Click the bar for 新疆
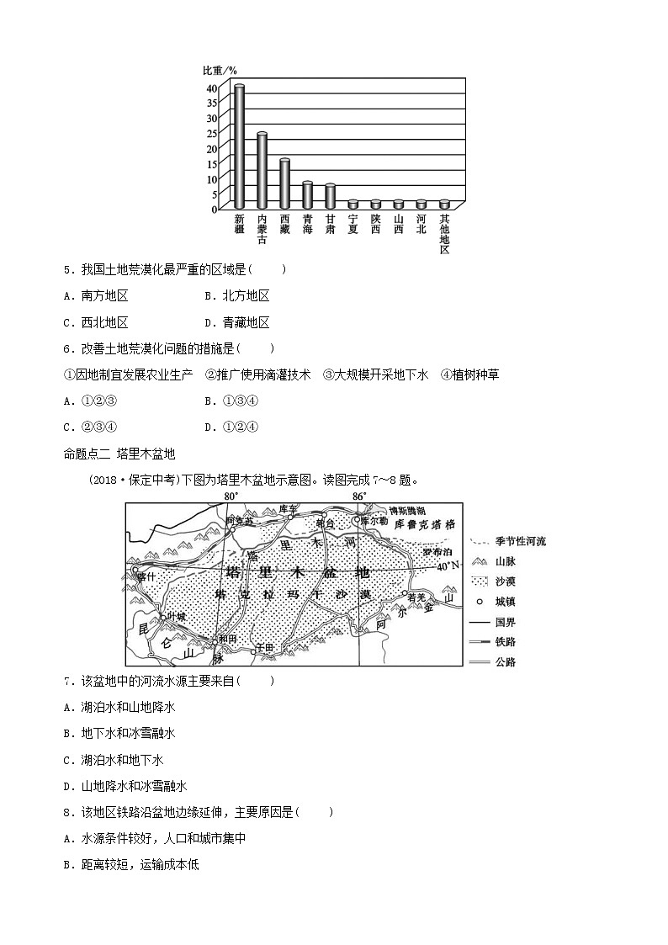pos(239,146)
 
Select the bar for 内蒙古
pos(262,170)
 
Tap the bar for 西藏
pos(284,183)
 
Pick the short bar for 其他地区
pos(444,204)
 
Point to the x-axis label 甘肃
pos(331,223)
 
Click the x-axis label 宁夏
pos(353,223)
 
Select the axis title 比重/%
pos(220,70)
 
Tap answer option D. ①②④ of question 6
pos(231,427)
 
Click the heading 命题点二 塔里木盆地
pos(119,454)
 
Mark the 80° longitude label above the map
pos(231,496)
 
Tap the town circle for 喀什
pos(135,570)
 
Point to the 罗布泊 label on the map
pos(437,552)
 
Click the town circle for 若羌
pos(405,594)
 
